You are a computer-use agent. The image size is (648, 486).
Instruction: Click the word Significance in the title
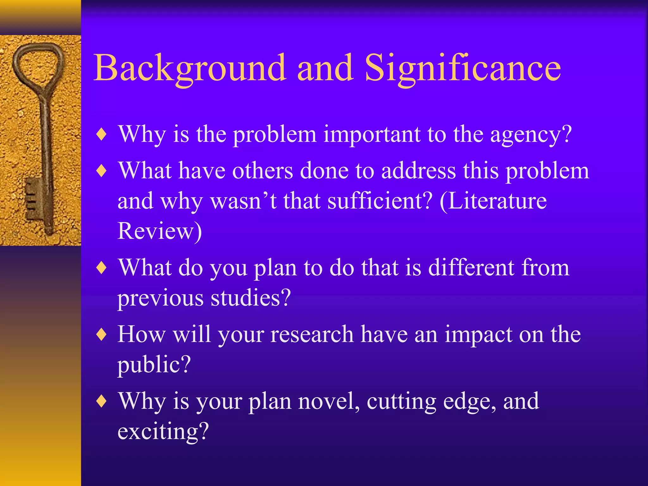[x=463, y=68]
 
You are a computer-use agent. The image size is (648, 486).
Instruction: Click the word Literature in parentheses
[x=497, y=201]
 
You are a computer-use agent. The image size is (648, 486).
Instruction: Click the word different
[x=471, y=268]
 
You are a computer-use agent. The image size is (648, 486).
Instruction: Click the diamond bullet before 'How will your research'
[x=102, y=335]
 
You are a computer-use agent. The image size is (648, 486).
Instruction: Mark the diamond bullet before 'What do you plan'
[x=102, y=268]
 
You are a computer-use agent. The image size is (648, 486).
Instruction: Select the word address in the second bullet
[x=419, y=171]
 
